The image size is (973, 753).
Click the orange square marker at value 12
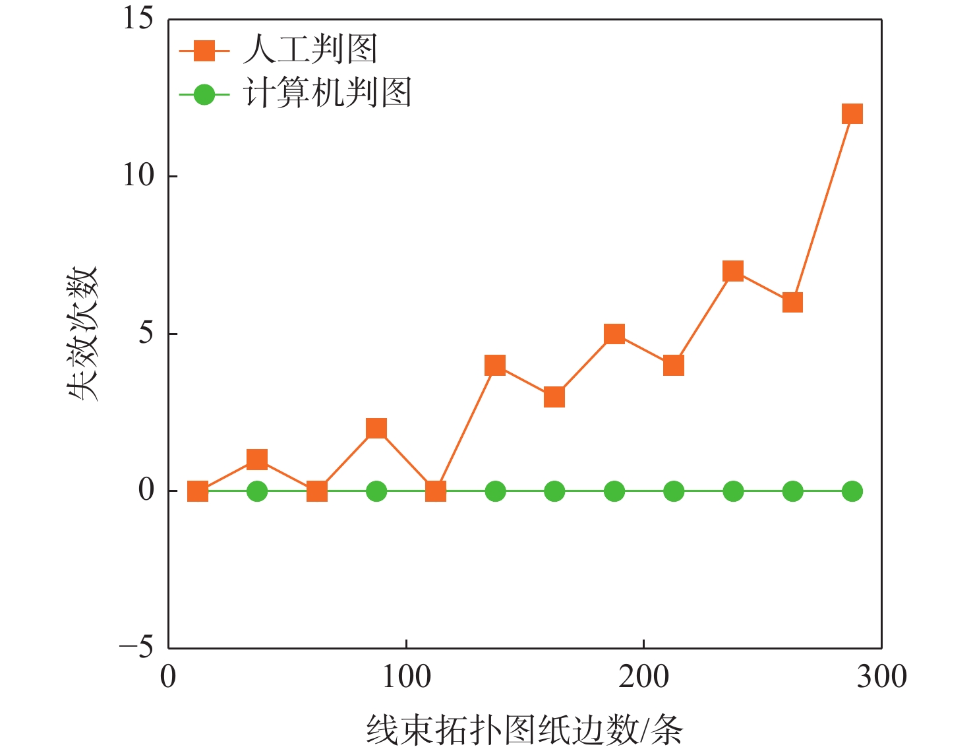point(852,114)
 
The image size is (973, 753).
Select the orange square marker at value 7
point(733,271)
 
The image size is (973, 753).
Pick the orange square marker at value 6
point(792,303)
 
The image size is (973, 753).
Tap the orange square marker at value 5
point(614,334)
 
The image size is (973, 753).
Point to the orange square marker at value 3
point(554,397)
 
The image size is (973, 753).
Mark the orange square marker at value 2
point(376,429)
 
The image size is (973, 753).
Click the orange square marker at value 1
point(257,460)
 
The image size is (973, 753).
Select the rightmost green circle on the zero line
point(852,491)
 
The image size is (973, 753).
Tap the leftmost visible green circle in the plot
point(257,491)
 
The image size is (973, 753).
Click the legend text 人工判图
point(310,49)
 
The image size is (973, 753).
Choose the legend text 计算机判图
point(328,93)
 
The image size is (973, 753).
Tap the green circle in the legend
point(204,95)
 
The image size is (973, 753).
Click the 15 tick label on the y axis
point(138,18)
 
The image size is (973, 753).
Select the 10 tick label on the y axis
point(138,175)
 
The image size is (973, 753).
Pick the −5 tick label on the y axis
point(136,648)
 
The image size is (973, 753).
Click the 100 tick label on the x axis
point(406,677)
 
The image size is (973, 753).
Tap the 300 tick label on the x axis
point(881,677)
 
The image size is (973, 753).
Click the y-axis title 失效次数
point(84,334)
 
